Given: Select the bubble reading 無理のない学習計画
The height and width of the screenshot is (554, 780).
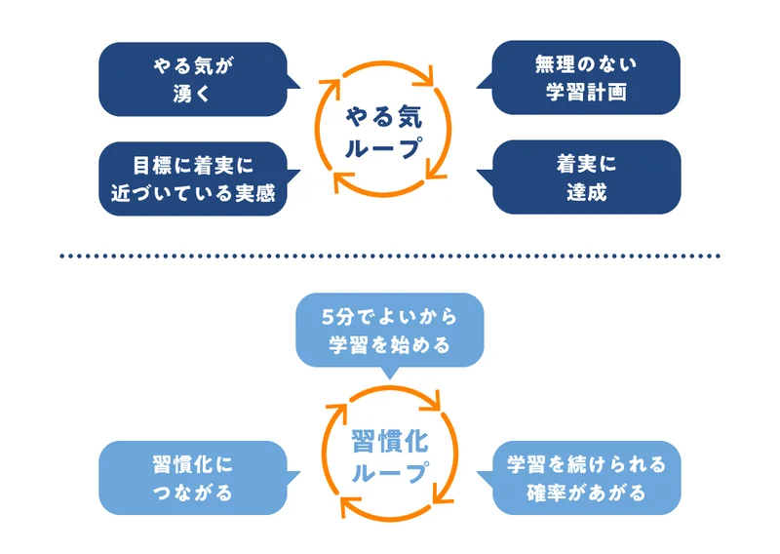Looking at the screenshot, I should pos(585,78).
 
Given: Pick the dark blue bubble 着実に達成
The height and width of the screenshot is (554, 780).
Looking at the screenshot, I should pos(586,178).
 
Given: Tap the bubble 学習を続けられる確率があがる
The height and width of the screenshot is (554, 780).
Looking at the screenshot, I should pos(586,478).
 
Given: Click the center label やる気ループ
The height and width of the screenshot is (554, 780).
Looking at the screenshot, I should pos(383,132).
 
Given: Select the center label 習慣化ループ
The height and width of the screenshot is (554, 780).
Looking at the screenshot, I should pos(388,457).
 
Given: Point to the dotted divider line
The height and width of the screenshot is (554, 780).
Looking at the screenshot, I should pos(390,256).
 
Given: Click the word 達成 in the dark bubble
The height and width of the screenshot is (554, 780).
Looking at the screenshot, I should pos(586,192).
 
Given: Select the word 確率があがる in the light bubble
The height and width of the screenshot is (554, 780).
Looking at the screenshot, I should pos(586,493).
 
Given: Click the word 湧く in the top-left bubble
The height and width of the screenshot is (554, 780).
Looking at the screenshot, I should pos(195,94).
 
